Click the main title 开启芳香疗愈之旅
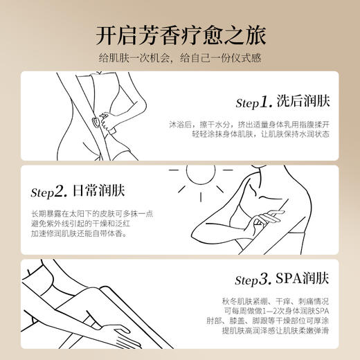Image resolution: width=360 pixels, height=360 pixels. tap(180, 34)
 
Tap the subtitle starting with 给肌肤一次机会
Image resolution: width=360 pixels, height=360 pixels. tap(180, 59)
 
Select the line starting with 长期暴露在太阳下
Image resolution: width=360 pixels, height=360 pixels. tap(89, 211)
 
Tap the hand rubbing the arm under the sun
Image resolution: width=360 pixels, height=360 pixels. tap(260, 224)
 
